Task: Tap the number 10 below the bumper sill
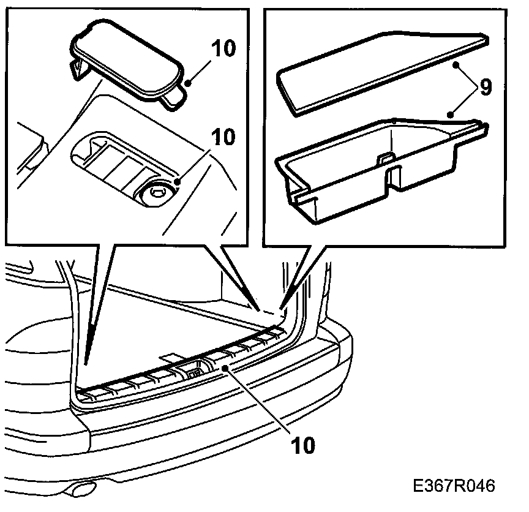tap(302, 445)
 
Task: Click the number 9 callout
tap(484, 88)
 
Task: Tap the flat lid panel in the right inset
tap(380, 70)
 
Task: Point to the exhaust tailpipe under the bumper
tap(80, 489)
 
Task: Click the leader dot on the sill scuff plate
tap(226, 367)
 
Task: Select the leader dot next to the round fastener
tap(178, 181)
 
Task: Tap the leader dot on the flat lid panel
tap(456, 63)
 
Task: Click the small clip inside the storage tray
tap(385, 157)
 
